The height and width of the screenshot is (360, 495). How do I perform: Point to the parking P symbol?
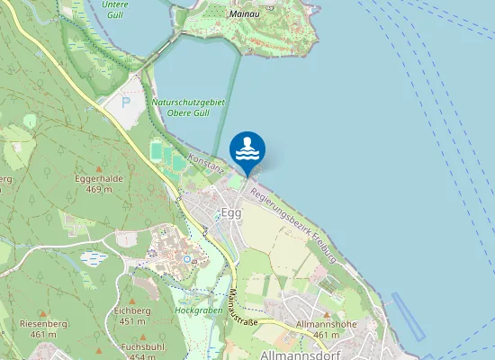(125, 101)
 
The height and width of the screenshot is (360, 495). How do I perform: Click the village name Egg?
(231, 212)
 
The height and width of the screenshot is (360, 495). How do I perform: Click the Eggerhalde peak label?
(92, 184)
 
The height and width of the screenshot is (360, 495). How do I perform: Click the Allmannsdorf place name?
(297, 355)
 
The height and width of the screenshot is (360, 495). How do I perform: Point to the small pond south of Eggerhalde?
(94, 258)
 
